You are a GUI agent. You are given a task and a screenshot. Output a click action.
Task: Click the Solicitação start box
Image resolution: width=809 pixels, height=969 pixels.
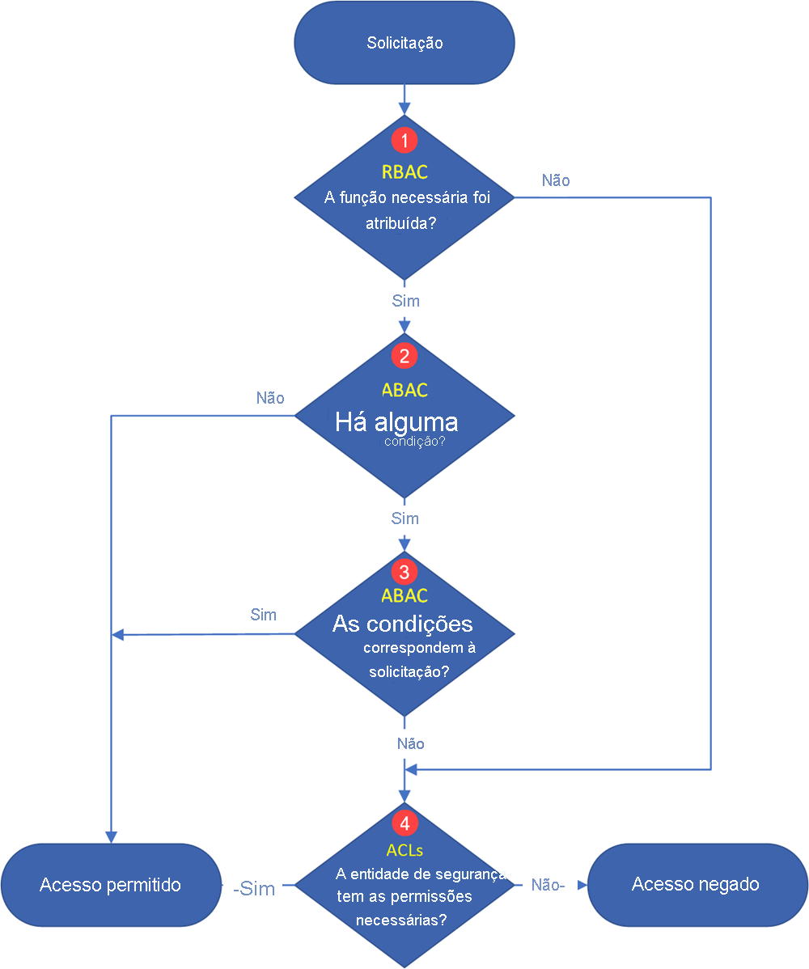coord(404,43)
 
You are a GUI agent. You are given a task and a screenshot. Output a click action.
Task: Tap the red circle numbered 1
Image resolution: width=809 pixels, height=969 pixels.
coord(404,139)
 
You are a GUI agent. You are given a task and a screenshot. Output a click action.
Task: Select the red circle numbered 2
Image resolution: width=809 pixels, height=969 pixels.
coord(404,355)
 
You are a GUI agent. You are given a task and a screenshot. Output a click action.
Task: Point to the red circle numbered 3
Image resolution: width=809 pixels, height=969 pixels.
coord(404,572)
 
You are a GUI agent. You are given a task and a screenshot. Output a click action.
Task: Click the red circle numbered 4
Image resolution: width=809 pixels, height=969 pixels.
coord(404,823)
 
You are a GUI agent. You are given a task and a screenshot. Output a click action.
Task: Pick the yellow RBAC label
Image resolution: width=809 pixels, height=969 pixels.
coord(404,171)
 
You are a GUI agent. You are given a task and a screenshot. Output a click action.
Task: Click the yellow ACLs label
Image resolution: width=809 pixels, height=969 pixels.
coord(404,850)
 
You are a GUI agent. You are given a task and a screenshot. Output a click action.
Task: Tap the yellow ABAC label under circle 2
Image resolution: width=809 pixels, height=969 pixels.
coord(404,390)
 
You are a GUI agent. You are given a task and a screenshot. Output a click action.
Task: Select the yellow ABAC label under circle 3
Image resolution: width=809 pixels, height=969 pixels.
coord(404,596)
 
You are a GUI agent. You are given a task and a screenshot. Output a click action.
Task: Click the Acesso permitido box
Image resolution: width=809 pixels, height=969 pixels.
coord(111,884)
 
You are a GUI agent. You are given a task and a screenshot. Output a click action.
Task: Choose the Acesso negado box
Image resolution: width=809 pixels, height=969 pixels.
coord(696,884)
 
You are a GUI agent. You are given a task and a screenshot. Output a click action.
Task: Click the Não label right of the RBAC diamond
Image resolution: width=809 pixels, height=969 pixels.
coord(556,180)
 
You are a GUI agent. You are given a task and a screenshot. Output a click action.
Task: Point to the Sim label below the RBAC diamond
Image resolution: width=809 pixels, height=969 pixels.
coord(405,301)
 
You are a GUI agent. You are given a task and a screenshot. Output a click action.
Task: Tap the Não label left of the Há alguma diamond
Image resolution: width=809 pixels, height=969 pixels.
coord(270,398)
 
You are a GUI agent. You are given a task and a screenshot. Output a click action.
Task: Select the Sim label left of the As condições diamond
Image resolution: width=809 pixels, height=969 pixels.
coord(264,615)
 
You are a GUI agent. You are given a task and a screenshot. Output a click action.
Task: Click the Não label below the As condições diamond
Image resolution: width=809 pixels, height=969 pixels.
coord(411,743)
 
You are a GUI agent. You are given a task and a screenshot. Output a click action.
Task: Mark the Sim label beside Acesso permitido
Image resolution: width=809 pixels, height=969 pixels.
coord(254,889)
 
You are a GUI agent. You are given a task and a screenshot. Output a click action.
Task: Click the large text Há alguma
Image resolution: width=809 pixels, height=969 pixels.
coord(396,422)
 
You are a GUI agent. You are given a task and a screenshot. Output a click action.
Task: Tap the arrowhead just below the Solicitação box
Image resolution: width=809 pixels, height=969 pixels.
coord(404,108)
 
